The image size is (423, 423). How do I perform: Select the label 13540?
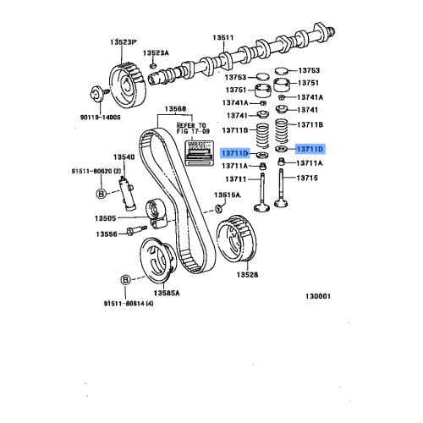(x=124, y=157)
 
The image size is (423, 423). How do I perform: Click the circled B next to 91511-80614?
(x=124, y=279)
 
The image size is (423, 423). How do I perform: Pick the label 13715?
(x=308, y=179)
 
